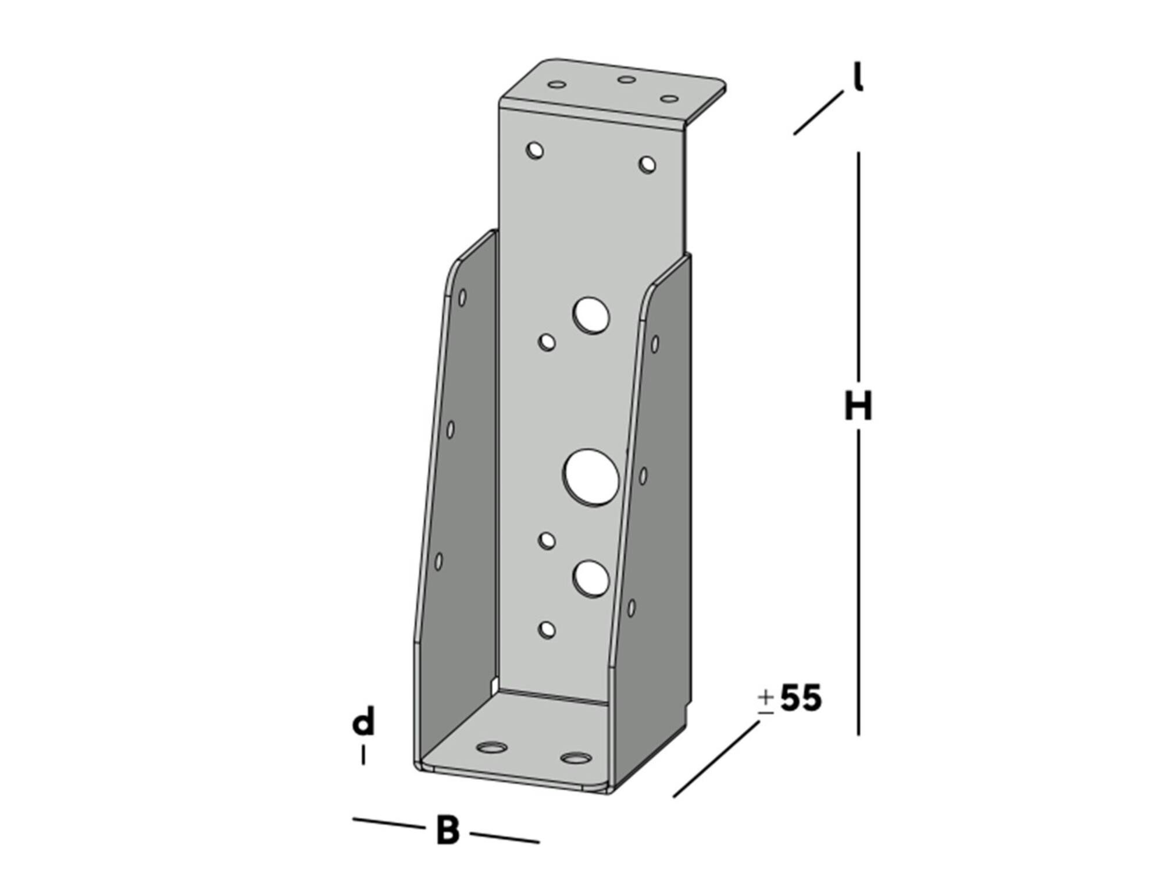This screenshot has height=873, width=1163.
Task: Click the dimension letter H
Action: pos(858,406)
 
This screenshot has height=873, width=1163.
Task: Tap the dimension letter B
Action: pos(448,831)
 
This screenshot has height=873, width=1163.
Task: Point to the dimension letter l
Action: pos(858,77)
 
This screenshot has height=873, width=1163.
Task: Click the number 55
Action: pos(801,698)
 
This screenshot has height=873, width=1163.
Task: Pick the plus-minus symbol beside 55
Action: pos(766,702)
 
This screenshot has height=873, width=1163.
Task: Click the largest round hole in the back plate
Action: pos(590,477)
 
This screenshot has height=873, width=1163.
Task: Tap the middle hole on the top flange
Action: pos(626,79)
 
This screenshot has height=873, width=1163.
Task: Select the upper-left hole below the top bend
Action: pos(534,150)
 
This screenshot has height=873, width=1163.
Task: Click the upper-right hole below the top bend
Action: pos(647,165)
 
